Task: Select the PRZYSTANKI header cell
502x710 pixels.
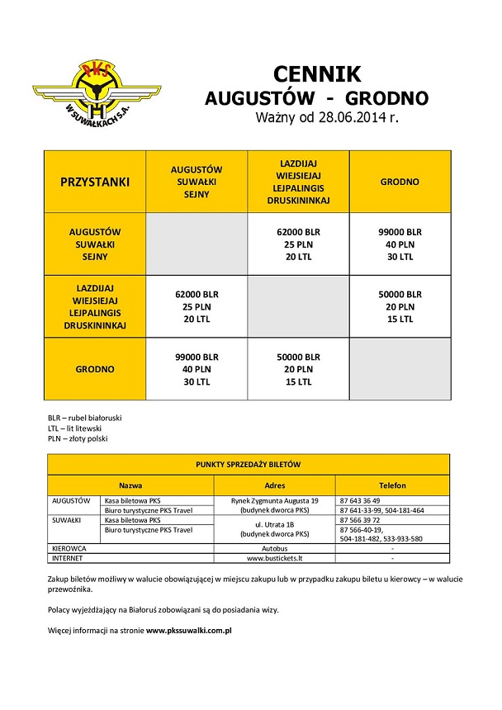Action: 95,182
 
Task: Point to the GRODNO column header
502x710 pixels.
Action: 400,182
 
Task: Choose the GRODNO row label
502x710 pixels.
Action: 95,369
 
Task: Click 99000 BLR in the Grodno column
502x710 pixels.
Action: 400,232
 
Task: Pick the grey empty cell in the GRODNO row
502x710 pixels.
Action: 400,369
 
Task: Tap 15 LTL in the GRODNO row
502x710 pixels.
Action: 297,382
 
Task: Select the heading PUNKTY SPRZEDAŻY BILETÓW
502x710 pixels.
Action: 248,465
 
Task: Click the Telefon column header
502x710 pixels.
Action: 392,486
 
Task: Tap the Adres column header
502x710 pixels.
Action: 274,486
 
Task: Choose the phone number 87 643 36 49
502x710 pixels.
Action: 360,500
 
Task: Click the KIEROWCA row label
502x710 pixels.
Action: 70,548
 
